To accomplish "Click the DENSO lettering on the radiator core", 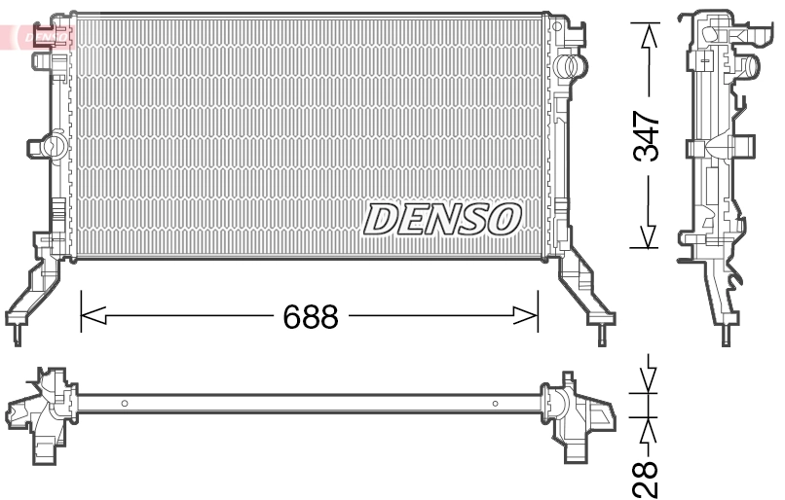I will coord(442,219).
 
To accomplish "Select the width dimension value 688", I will coord(310,316).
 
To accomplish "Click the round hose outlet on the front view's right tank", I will coord(574,68).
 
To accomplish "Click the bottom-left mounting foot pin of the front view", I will coord(17,337).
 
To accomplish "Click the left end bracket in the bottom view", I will coord(45,409).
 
